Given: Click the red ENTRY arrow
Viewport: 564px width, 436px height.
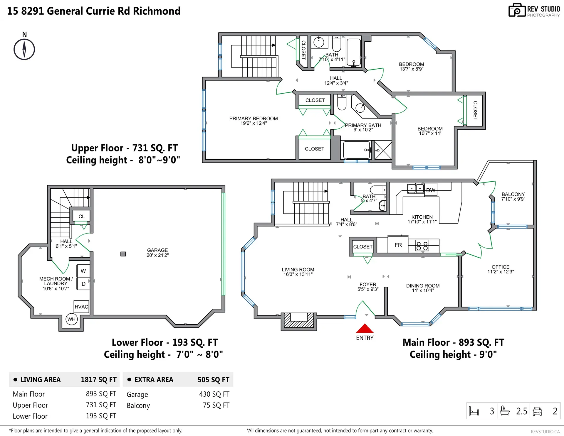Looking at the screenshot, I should tap(365, 328).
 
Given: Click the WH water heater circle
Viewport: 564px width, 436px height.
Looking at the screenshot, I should tap(71, 319).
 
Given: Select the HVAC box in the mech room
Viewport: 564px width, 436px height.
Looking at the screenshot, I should tap(81, 307).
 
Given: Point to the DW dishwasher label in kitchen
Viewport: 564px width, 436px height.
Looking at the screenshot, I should tap(431, 190).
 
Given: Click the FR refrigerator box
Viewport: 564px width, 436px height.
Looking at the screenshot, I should tap(398, 245).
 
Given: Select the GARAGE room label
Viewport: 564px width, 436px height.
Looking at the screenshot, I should tap(157, 250).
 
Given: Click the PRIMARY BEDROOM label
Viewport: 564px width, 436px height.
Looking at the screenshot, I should tap(253, 119).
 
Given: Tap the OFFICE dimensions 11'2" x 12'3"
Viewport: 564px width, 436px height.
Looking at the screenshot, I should tap(501, 272).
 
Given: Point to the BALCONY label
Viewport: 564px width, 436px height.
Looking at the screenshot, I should tap(513, 194).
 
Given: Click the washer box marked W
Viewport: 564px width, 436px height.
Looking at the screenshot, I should tap(83, 271).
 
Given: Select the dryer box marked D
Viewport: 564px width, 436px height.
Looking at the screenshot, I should tap(83, 284).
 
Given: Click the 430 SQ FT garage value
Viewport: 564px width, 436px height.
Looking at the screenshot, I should tap(214, 394).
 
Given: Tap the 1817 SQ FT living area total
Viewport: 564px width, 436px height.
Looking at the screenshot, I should tap(99, 379).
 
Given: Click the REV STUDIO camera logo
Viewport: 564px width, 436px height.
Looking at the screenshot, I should tap(517, 10).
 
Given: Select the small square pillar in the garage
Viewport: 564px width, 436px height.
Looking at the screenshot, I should tap(123, 254).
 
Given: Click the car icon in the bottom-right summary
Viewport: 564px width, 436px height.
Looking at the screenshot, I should tap(537, 411).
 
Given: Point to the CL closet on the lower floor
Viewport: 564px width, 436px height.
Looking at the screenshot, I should tap(81, 216).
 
